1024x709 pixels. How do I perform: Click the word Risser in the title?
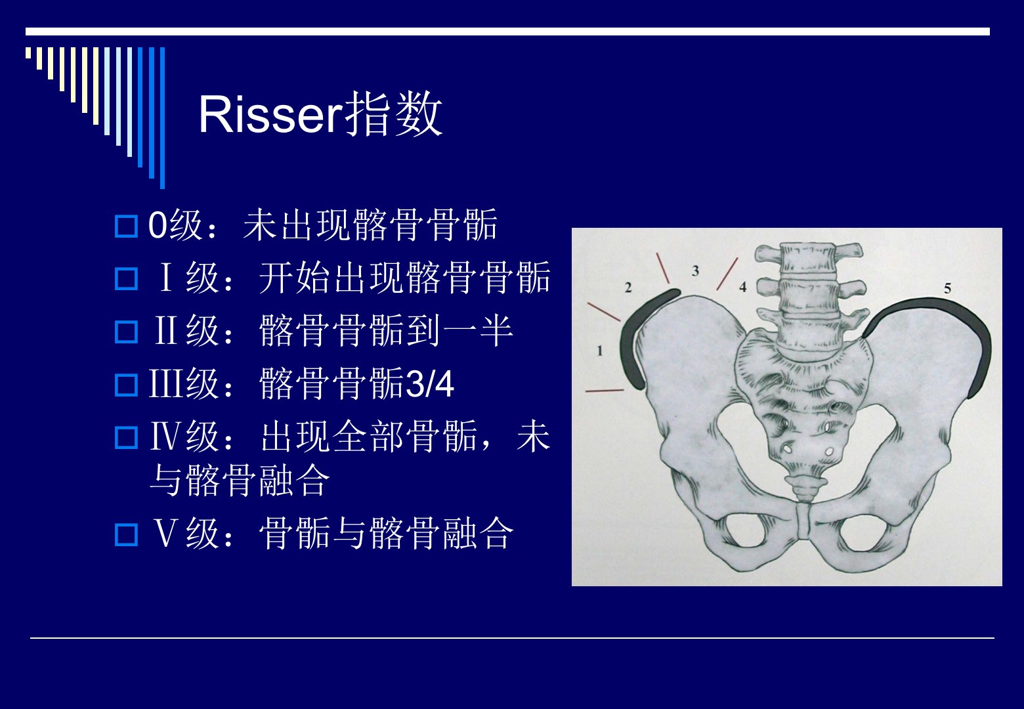271,114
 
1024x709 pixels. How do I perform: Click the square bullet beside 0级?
126,226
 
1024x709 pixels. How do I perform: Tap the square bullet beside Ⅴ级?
126,535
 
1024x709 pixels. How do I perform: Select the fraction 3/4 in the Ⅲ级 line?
430,384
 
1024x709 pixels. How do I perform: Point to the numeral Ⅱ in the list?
166,330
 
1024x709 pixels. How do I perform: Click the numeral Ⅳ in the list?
167,437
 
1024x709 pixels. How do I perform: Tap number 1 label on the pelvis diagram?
600,351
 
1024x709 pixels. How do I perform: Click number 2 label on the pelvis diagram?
628,288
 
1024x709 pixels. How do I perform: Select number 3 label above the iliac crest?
695,270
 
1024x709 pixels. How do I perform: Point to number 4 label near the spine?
743,287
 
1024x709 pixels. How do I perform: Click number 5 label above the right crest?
948,288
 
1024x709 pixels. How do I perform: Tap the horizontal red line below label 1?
605,391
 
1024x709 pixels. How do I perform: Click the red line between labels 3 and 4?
727,274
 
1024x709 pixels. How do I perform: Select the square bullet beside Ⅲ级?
126,385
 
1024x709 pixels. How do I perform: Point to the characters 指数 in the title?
393,114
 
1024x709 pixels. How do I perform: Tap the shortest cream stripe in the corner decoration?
28,53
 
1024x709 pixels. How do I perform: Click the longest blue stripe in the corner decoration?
162,118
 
